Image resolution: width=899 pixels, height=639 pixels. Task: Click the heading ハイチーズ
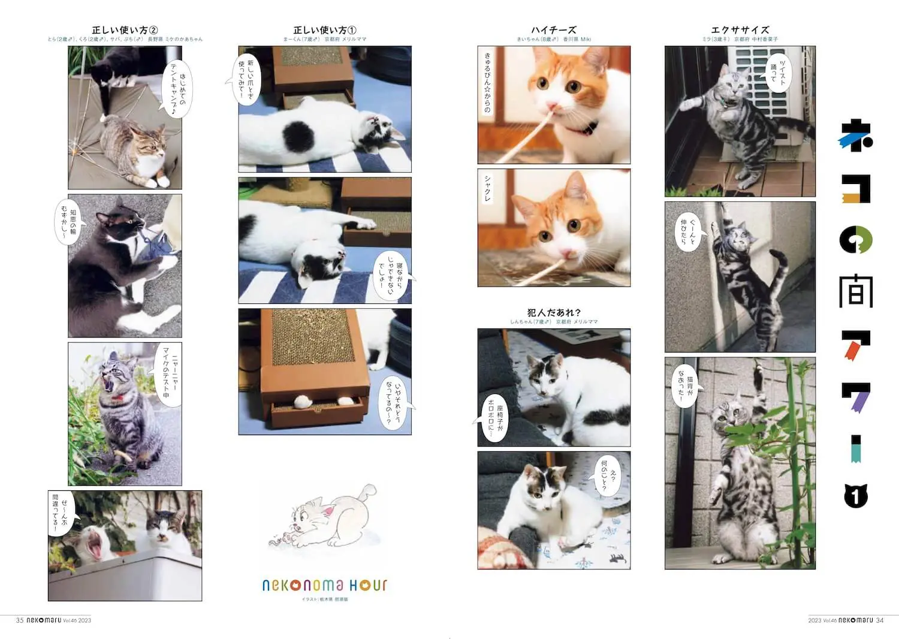(x=553, y=30)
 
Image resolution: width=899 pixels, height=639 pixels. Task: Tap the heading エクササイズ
(x=740, y=30)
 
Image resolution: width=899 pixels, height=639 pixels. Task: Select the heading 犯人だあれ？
(x=554, y=312)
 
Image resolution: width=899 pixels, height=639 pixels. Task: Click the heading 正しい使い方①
(x=324, y=30)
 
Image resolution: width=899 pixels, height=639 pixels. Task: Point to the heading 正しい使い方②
(x=125, y=30)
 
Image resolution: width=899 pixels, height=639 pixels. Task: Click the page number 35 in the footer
(x=20, y=620)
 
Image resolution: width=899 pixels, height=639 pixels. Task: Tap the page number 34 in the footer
(x=880, y=620)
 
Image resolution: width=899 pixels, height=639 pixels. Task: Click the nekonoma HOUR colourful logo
(x=324, y=585)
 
